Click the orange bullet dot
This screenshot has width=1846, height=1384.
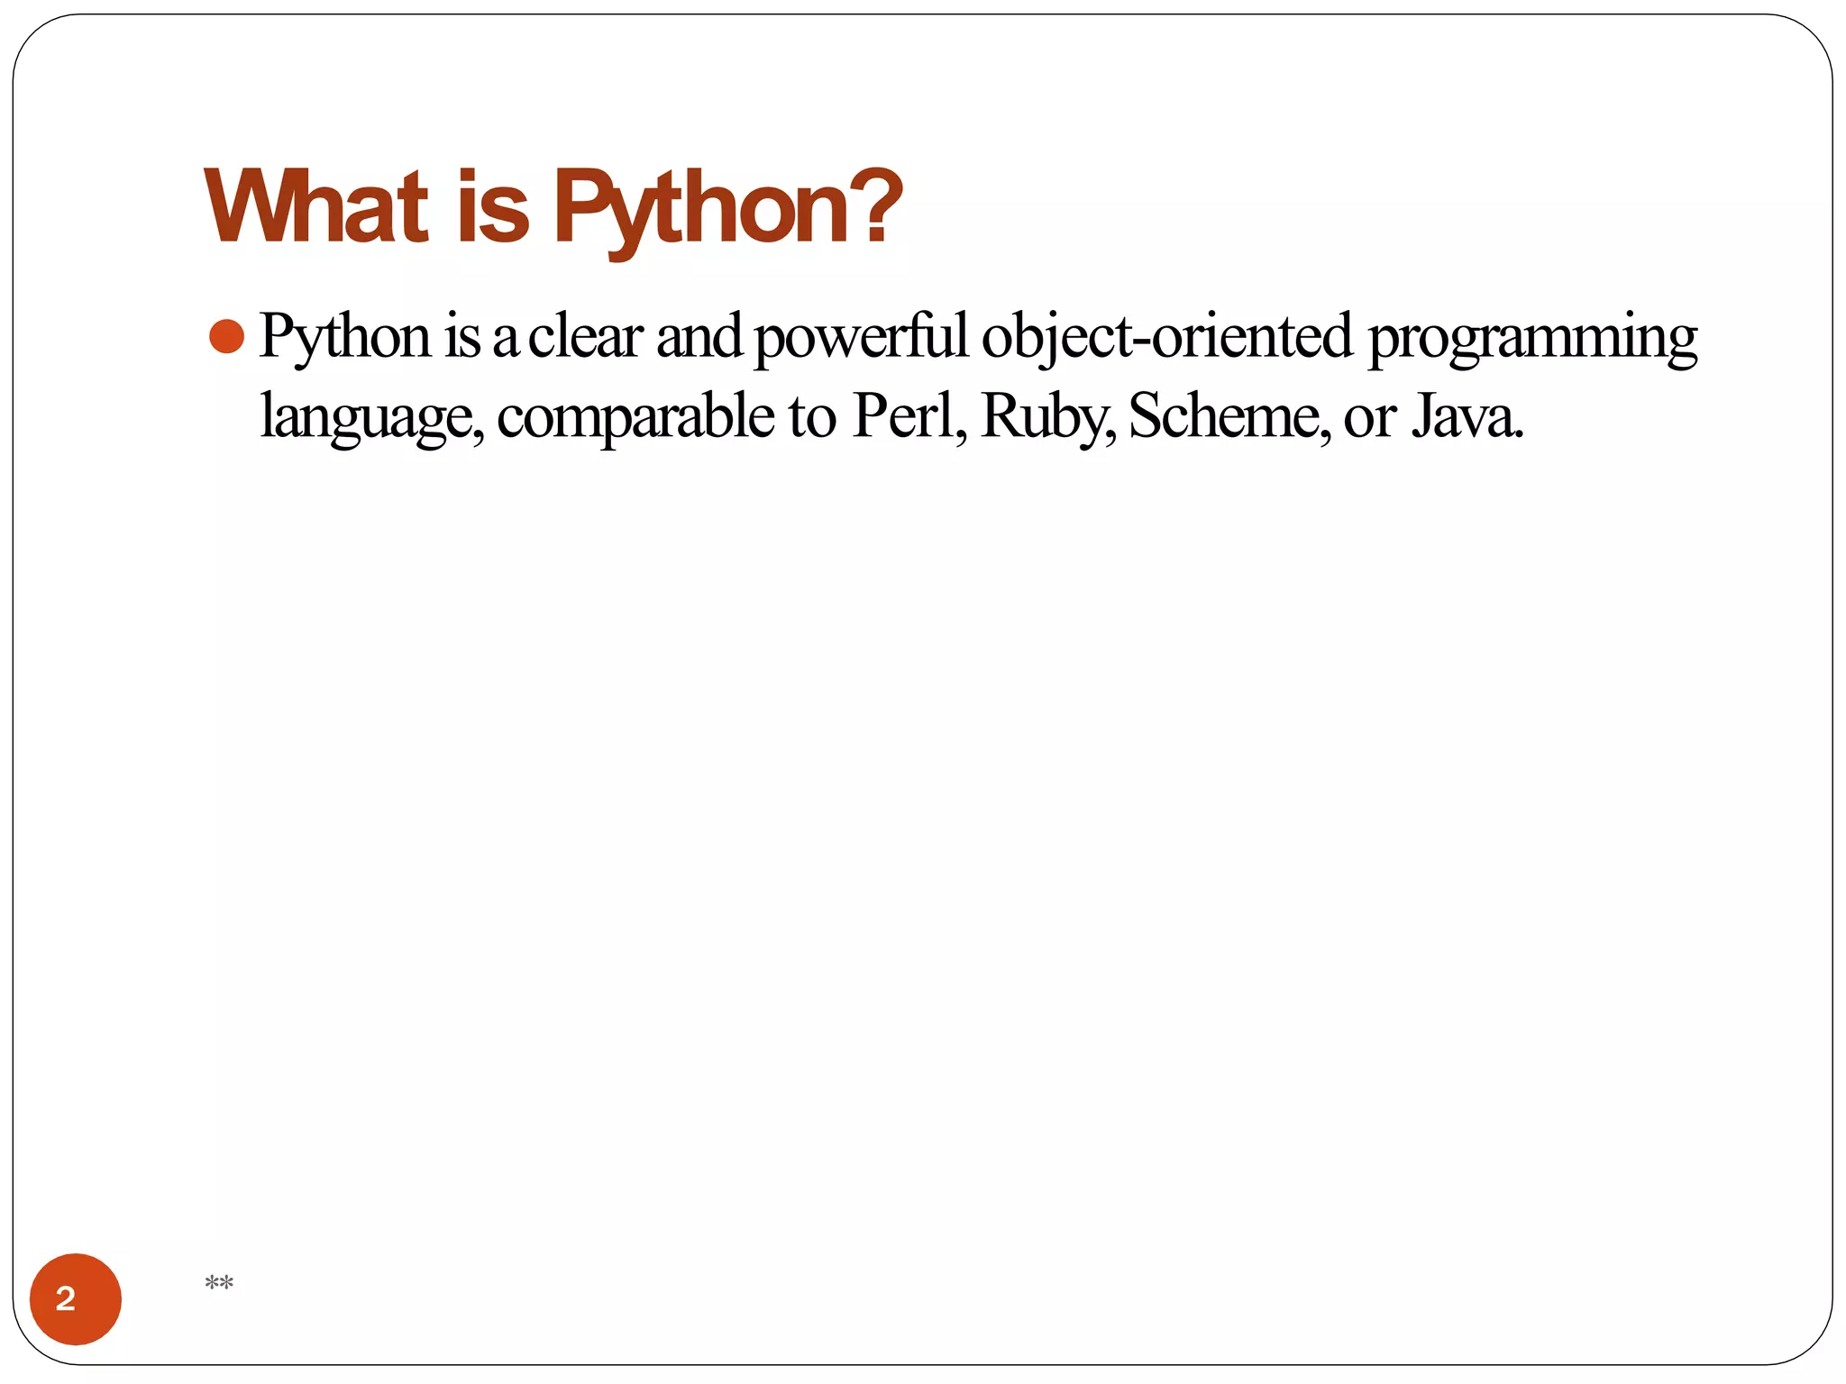coord(226,337)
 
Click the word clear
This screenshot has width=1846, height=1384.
coord(585,337)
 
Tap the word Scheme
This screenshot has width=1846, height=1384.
coord(1224,416)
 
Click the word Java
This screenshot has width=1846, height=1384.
coord(1466,416)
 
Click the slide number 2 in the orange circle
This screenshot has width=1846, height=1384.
coord(66,1298)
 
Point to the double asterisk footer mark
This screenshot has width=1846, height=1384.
coord(219,1282)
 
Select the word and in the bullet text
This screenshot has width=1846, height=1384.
coord(699,337)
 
